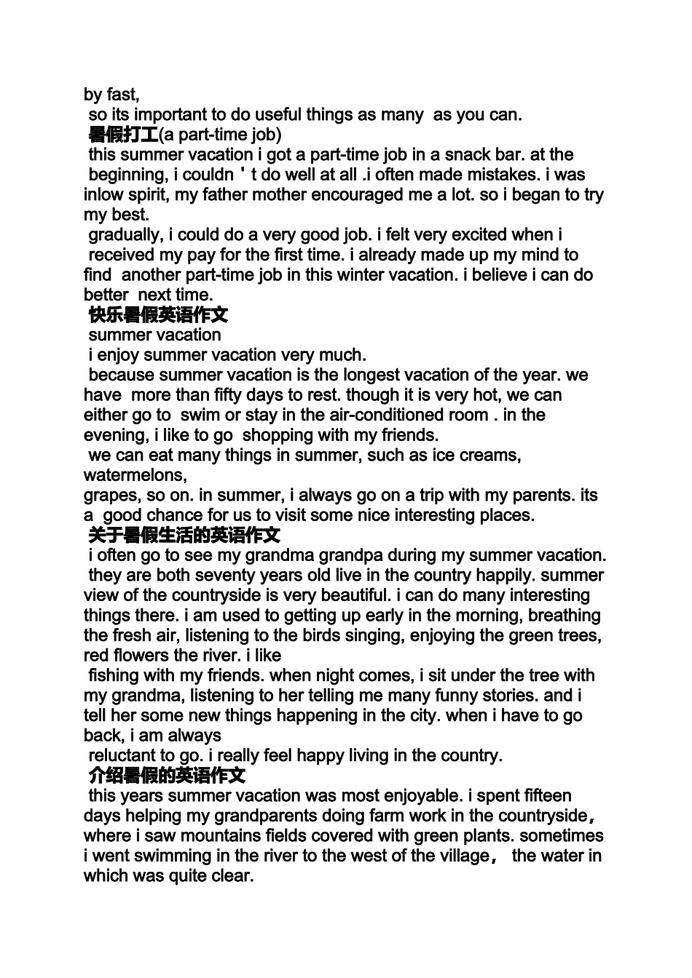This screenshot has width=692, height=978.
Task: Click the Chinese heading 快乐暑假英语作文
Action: click(158, 315)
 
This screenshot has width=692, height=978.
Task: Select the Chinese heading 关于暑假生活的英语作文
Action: click(184, 536)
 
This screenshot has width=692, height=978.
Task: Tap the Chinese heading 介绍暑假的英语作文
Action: click(167, 776)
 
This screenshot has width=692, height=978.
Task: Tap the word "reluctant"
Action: click(122, 755)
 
